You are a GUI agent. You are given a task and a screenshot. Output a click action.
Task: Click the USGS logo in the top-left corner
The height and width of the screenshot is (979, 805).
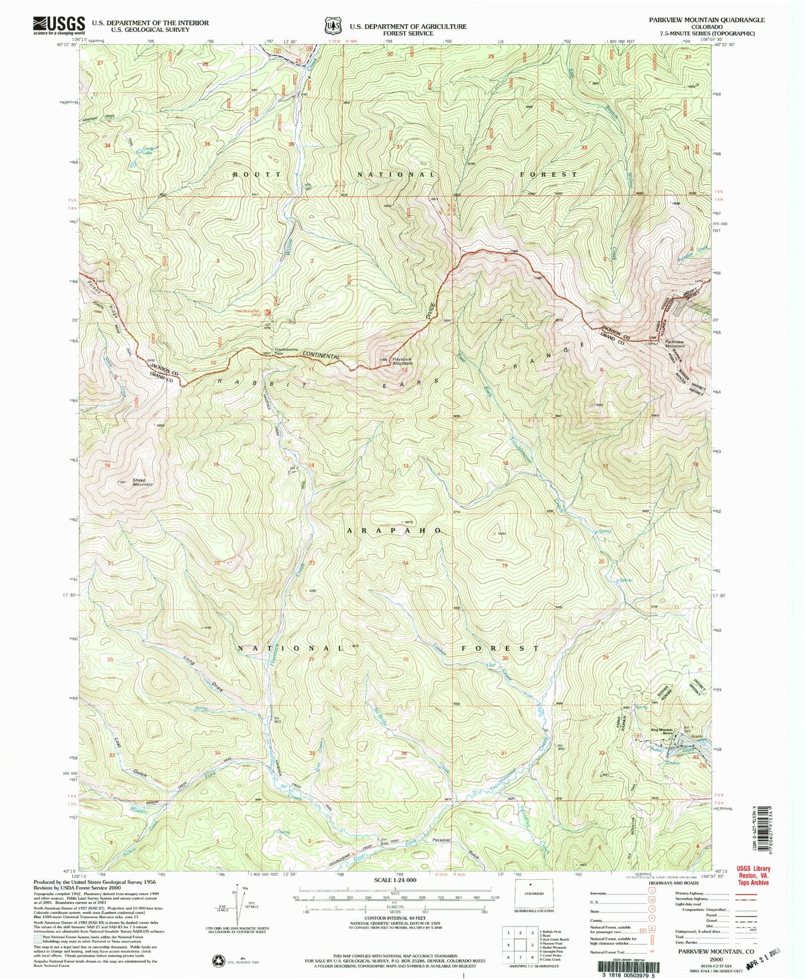(x=58, y=25)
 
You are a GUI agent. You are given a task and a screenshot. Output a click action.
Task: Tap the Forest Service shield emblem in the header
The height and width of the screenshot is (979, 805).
(x=333, y=26)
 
